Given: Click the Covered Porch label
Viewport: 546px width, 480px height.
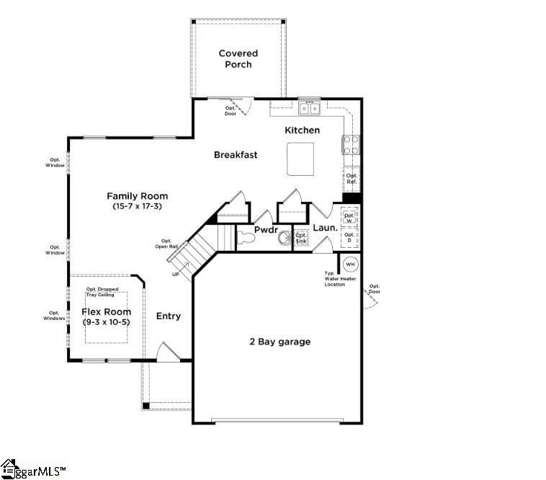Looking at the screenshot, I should [238, 59].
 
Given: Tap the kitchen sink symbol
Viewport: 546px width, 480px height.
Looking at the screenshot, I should [309, 109].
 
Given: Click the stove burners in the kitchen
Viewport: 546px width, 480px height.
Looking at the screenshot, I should [351, 146].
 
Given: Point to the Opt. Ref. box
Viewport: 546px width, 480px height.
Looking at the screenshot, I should [352, 179].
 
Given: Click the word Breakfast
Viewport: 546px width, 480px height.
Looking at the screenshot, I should [236, 155].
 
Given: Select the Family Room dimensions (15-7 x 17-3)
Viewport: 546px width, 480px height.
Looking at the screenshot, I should [137, 206].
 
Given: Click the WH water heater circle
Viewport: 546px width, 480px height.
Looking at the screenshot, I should [350, 264].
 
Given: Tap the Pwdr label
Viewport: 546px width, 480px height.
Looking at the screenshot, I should [266, 229].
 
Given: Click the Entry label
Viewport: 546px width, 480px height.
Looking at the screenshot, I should [169, 316].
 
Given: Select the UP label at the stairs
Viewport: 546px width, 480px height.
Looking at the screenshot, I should [176, 275].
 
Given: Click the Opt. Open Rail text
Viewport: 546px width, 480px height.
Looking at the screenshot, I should [166, 244].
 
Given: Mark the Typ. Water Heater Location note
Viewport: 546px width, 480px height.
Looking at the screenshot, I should [334, 279].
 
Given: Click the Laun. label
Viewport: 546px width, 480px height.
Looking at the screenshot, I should [325, 228].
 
